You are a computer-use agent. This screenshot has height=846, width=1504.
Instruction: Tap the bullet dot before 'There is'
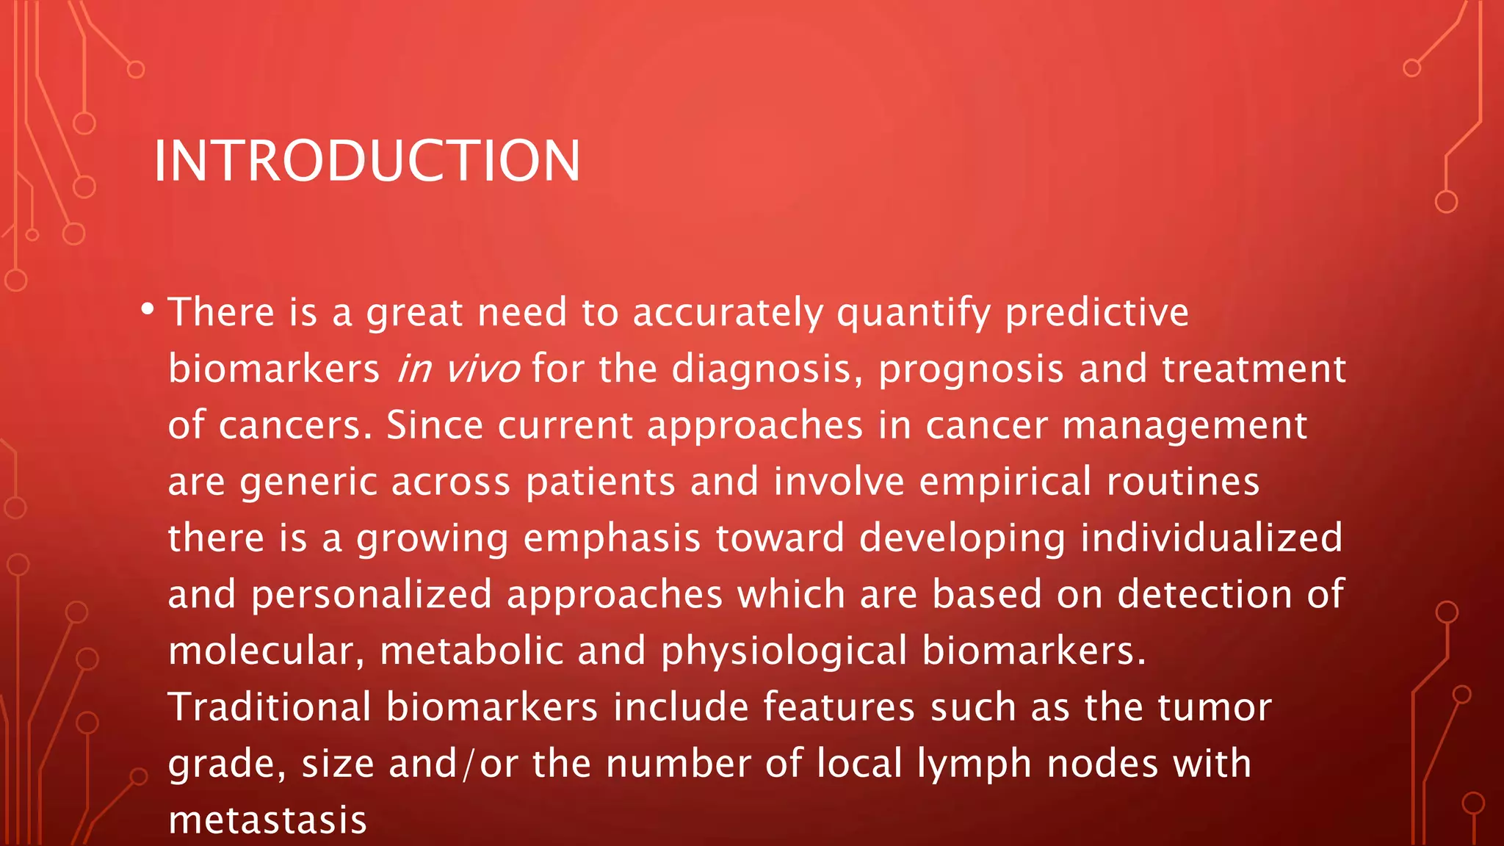tap(148, 309)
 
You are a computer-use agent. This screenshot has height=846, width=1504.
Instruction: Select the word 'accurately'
tap(728, 313)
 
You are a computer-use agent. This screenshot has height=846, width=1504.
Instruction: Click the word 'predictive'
tap(1096, 313)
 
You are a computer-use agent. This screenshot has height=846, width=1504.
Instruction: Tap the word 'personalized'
tap(372, 595)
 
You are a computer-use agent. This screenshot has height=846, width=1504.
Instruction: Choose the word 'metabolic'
tap(471, 651)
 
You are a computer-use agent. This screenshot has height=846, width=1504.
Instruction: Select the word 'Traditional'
tap(270, 707)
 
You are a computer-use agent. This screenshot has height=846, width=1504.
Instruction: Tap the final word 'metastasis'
tap(267, 820)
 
